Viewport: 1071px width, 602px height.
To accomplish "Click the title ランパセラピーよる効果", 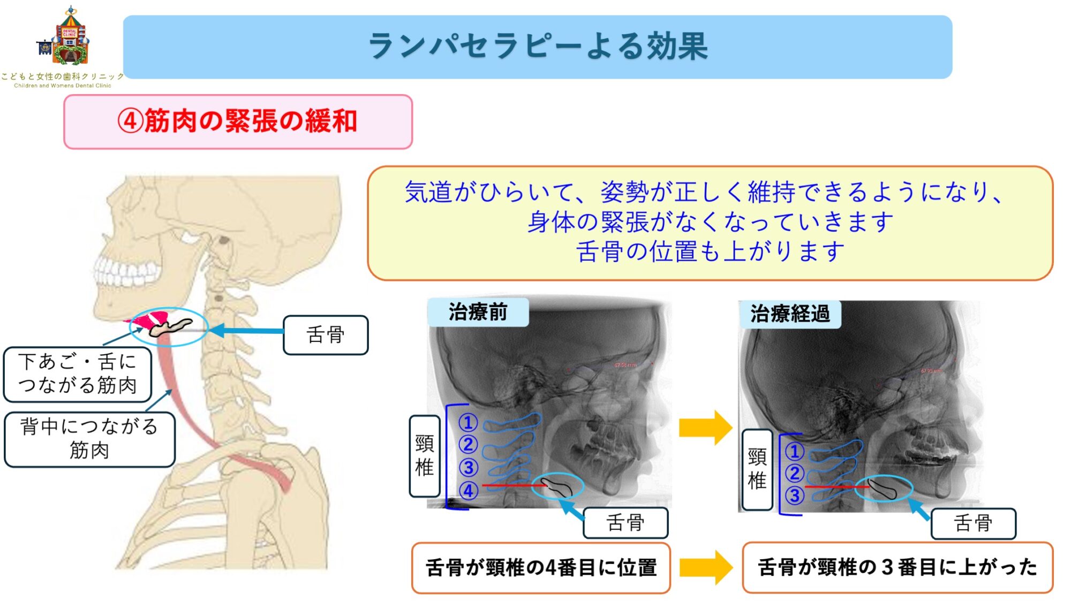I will click(x=538, y=47).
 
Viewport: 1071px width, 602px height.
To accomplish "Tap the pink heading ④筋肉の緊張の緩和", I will click(x=238, y=121).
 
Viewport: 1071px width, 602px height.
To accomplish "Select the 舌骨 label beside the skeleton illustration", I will click(x=326, y=335).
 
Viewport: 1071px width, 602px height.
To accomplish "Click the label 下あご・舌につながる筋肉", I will click(x=78, y=374).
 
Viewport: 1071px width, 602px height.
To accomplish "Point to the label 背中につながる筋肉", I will click(x=89, y=439).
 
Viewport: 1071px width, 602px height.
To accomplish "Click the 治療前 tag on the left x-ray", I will click(x=478, y=312).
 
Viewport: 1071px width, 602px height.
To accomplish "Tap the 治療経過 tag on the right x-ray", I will click(x=789, y=314).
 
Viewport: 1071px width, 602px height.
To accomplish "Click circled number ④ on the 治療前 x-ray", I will click(x=468, y=490).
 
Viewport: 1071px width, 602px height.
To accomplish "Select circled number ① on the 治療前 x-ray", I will click(x=468, y=422).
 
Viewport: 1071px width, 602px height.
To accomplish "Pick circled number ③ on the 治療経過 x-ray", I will click(x=794, y=496).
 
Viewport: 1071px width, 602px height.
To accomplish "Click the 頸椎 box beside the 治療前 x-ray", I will click(x=425, y=456).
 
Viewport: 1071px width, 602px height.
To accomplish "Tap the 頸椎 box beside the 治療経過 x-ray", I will click(x=757, y=469).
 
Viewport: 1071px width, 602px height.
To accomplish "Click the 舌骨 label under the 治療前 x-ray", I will click(x=625, y=522).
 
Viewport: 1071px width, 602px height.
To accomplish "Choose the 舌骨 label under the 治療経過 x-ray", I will click(x=973, y=523).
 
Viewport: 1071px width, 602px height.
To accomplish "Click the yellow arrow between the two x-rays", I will click(x=705, y=428).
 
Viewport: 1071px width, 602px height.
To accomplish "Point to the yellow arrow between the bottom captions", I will click(x=705, y=567).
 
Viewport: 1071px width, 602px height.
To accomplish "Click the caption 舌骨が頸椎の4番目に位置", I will click(x=541, y=568).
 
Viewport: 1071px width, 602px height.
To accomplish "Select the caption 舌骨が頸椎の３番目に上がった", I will click(x=897, y=567).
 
